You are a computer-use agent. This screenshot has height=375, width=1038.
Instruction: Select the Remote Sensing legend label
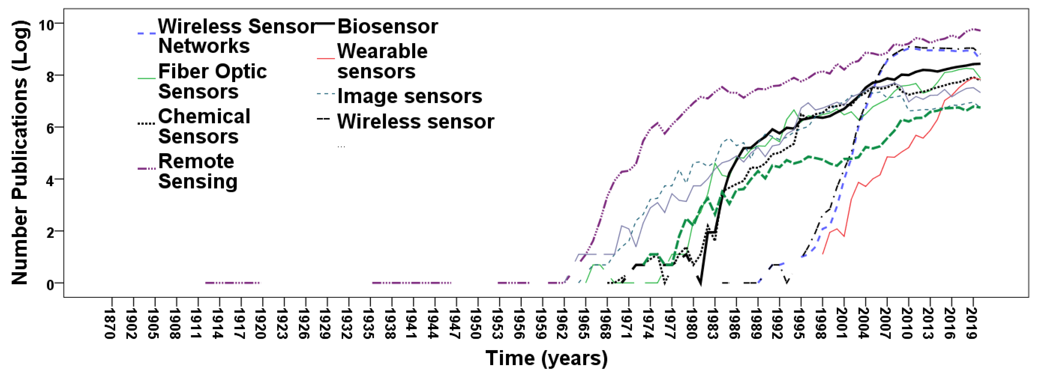coord(198,171)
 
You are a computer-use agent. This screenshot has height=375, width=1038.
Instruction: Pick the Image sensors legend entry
coord(410,96)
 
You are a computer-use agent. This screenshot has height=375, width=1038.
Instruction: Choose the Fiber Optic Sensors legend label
coord(212,81)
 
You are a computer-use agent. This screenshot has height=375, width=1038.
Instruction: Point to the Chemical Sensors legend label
coord(204,126)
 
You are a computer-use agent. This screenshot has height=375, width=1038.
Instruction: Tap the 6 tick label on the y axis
coord(50,129)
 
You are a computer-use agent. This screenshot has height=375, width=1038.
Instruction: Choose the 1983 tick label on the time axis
coord(713,324)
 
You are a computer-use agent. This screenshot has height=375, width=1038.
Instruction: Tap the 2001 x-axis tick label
coord(842,324)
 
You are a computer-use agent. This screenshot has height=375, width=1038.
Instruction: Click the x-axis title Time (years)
coord(546,358)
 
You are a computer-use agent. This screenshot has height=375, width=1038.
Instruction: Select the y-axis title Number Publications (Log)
coord(19,153)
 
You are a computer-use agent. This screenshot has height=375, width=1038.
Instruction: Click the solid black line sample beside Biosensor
coord(325,24)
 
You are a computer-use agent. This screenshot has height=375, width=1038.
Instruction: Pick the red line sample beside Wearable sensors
coord(326,59)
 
